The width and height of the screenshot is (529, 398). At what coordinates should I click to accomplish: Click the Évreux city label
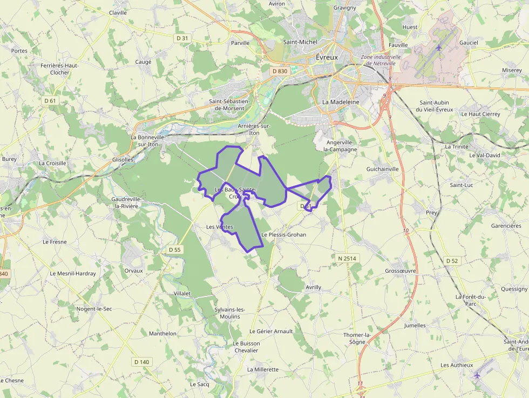[326, 57]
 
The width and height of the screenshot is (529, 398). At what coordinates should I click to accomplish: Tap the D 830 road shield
[280, 71]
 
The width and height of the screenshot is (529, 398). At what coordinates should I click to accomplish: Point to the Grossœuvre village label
[400, 271]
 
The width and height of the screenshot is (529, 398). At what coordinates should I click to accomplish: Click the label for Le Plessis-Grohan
[283, 235]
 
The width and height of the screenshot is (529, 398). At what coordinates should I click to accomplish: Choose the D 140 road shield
[141, 362]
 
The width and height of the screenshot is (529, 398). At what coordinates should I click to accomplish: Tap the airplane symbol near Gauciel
[438, 48]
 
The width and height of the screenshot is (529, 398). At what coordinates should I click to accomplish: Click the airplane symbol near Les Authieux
[476, 375]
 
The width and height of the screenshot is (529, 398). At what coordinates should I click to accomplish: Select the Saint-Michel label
[300, 42]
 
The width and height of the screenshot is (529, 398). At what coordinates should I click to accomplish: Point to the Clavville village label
[118, 12]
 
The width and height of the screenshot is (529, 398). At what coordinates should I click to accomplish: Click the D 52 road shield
[452, 261]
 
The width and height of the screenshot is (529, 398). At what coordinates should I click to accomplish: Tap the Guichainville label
[382, 169]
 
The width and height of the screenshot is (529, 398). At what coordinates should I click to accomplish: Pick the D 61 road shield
[50, 100]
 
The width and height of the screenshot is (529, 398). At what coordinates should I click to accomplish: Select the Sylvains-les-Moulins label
[230, 313]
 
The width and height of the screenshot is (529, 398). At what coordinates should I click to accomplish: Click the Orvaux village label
[133, 271]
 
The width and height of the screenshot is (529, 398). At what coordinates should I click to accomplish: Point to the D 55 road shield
[174, 249]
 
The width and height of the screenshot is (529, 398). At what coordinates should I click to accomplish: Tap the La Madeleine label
[341, 102]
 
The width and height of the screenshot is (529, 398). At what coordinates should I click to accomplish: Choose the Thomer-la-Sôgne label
[357, 338]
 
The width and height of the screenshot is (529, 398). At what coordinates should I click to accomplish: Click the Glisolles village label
[122, 159]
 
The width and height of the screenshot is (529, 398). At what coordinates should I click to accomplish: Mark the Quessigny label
[514, 289]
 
